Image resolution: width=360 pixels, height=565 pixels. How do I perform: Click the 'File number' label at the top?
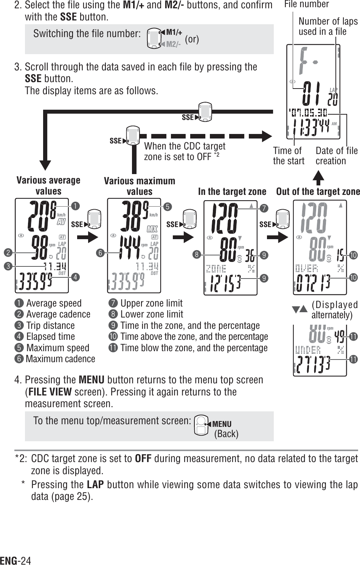coord(306,4)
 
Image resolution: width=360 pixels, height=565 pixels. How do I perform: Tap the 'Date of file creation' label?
coord(336,156)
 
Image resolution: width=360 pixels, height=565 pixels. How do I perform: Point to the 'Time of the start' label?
coord(289,156)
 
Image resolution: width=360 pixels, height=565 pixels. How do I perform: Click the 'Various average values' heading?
coord(48,185)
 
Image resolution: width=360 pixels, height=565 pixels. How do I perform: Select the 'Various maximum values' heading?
coord(140,186)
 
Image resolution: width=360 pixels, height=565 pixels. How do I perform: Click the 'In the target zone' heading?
coord(232,191)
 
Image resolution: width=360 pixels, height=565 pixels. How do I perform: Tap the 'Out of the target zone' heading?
coord(318,191)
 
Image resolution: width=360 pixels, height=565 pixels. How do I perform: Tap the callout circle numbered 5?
coord(168,207)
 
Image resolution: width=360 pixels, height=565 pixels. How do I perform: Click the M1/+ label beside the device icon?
coord(174,33)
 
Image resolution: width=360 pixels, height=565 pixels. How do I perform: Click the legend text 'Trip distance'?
coord(50,325)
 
